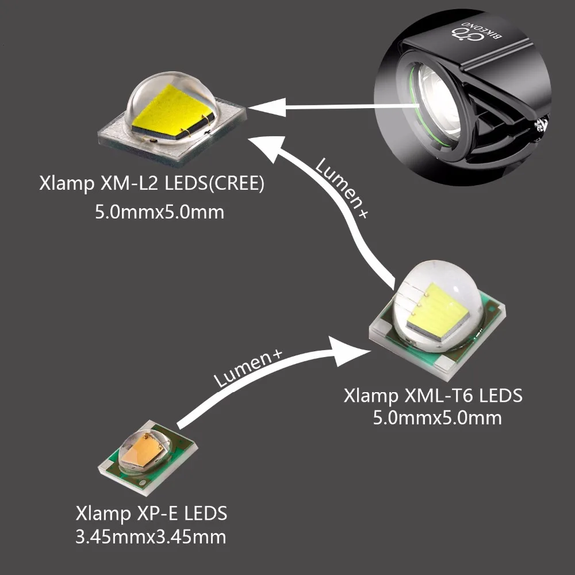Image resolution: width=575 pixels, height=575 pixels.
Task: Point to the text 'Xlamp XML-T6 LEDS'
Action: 433,396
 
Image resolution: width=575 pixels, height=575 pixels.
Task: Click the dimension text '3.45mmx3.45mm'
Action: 151,537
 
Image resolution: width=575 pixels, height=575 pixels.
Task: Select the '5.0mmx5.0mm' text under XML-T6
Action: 437,417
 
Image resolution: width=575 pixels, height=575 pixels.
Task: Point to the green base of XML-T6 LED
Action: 492,314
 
